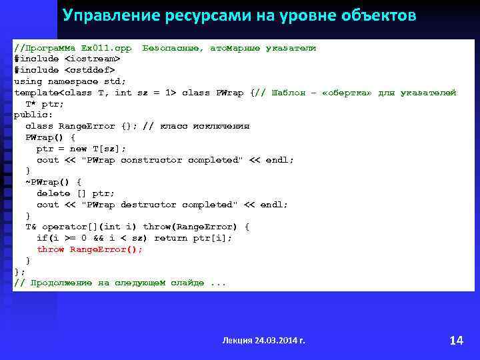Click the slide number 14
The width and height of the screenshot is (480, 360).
(x=456, y=340)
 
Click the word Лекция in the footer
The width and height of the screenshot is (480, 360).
(x=237, y=340)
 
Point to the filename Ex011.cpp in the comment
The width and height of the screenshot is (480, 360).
(x=106, y=48)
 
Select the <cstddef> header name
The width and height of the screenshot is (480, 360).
(x=89, y=70)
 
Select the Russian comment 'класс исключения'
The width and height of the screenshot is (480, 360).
(x=205, y=126)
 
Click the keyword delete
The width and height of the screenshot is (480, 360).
(x=53, y=193)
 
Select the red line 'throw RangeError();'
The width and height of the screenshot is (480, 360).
(x=89, y=249)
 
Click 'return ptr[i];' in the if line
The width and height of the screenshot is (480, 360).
(x=193, y=238)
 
